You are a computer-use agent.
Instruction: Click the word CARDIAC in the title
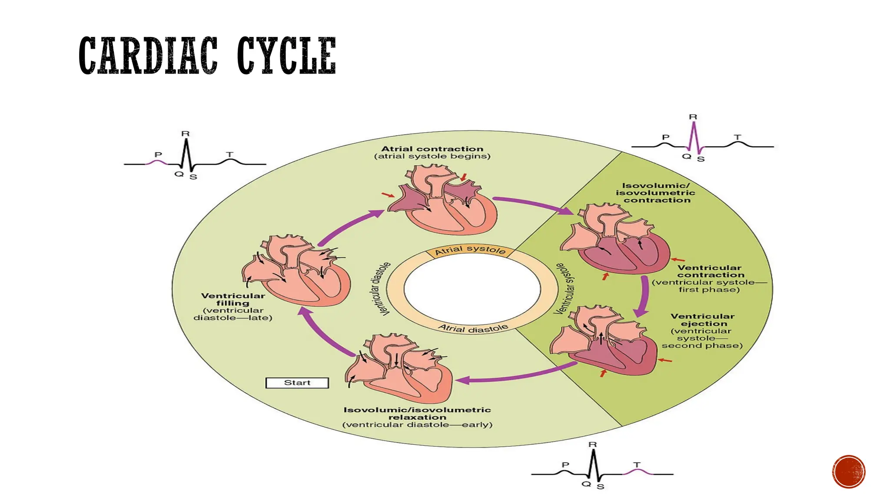[148, 56]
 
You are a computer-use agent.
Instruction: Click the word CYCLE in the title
[286, 56]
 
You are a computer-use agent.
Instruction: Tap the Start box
[297, 383]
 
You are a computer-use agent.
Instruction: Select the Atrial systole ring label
[470, 250]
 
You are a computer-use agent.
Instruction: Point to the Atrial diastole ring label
[473, 328]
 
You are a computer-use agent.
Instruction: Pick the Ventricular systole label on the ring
[564, 288]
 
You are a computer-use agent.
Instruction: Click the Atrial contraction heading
[432, 149]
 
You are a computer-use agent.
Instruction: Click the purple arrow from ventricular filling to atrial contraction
[348, 226]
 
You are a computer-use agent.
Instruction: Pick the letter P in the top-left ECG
[158, 155]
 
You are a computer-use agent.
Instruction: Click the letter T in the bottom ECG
[637, 465]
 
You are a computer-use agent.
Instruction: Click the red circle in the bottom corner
[849, 472]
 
